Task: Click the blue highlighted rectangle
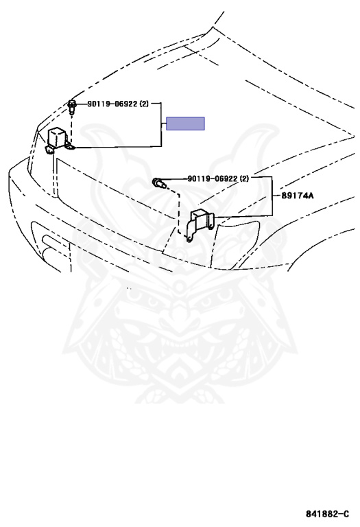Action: [185, 124]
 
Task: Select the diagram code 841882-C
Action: [327, 514]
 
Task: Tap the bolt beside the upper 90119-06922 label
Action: [71, 106]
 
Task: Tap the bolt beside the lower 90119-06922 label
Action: [159, 183]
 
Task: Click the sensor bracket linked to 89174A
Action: [200, 223]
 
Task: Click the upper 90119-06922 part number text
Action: [112, 104]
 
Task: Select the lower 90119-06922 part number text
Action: [213, 179]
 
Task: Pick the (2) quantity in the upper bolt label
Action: [144, 104]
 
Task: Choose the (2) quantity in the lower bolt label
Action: [244, 179]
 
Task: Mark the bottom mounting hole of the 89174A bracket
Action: [190, 239]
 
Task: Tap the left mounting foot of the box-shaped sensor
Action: [49, 150]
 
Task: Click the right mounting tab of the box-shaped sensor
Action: [70, 146]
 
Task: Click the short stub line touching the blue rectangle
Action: [164, 124]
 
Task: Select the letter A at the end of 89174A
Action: [311, 196]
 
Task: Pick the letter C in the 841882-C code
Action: [346, 514]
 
